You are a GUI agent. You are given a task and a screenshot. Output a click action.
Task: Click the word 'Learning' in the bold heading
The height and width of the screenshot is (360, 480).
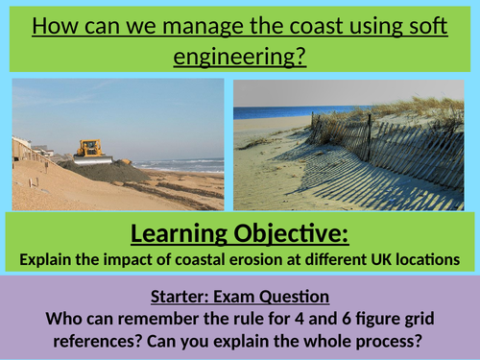tap(180, 234)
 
